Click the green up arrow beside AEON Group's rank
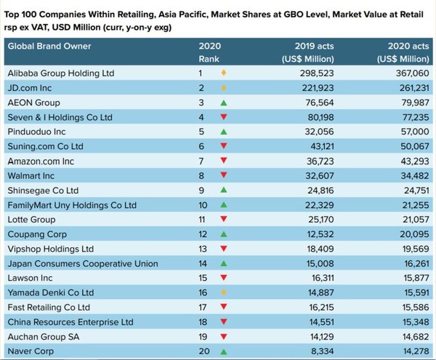224,103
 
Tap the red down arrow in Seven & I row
224,117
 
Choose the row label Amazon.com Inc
41,161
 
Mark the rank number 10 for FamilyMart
204,205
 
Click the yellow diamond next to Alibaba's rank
224,73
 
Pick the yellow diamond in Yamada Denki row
224,292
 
